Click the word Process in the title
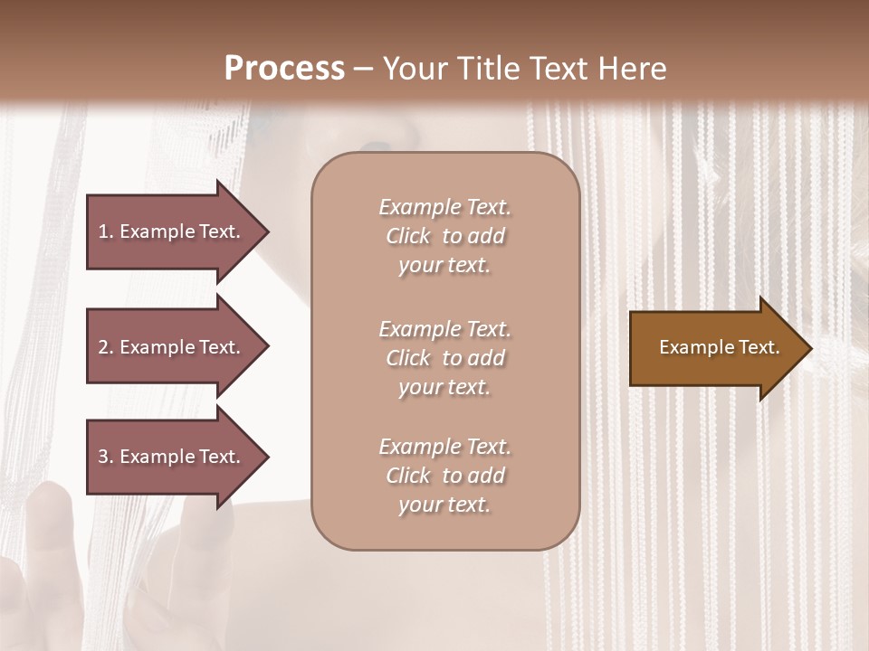[284, 69]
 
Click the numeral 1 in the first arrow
[103, 231]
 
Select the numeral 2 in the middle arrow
[103, 347]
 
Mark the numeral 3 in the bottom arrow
[103, 457]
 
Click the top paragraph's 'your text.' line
[444, 266]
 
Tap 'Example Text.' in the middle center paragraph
[444, 329]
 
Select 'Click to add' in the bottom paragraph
[444, 476]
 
